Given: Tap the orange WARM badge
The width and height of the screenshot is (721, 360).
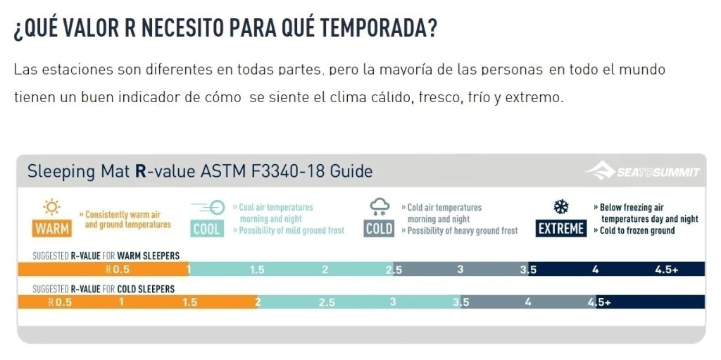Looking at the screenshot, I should click(x=51, y=229).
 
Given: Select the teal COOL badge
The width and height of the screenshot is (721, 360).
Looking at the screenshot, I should click(x=207, y=229).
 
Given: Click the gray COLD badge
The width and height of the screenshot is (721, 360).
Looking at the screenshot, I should click(x=379, y=229).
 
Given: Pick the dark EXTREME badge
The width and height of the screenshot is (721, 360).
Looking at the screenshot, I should click(x=560, y=229).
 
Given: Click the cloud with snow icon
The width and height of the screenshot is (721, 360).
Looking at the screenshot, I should click(x=380, y=206).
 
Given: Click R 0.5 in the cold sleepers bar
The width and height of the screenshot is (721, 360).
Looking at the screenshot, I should click(x=60, y=303).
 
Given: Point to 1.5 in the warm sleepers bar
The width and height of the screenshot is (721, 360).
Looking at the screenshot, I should click(x=257, y=269).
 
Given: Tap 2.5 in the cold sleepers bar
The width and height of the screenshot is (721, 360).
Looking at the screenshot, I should click(x=327, y=303).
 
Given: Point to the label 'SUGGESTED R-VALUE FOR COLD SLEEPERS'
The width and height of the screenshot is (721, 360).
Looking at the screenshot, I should click(x=104, y=289).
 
